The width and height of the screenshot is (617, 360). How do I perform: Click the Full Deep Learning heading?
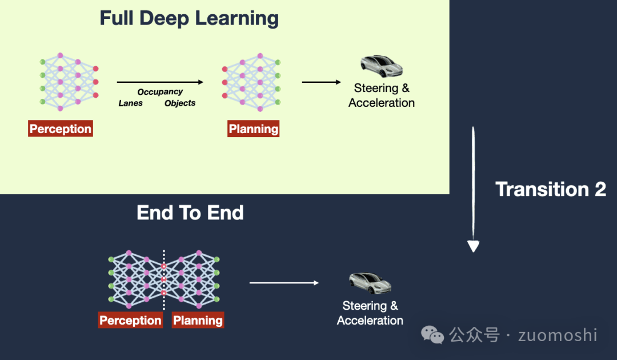point(189,18)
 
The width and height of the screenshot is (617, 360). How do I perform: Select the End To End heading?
point(190,213)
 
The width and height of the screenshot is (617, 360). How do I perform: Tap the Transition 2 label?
point(550,189)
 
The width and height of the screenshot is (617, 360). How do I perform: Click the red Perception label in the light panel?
point(61,129)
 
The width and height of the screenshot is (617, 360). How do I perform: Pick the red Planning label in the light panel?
point(254,129)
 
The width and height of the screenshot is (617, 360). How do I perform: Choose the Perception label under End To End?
point(130,321)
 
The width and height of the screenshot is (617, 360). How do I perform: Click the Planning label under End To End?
point(198,321)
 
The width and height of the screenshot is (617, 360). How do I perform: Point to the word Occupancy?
point(160,91)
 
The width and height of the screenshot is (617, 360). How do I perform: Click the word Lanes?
point(131,103)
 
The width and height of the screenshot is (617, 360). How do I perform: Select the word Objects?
point(180,103)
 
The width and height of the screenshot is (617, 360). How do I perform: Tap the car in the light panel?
point(381,66)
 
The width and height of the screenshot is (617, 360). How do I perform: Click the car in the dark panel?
point(370,283)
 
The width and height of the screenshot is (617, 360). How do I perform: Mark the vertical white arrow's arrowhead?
point(473,246)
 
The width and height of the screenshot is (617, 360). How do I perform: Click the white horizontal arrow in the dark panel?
point(284,282)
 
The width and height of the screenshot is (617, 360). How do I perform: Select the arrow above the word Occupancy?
point(160,82)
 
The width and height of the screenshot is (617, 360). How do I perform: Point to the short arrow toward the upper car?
point(321,82)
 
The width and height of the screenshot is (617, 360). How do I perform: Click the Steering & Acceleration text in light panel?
point(382,95)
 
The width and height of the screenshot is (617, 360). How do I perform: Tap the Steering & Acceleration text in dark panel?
point(370,313)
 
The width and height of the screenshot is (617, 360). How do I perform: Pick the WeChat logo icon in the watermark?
point(432,335)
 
